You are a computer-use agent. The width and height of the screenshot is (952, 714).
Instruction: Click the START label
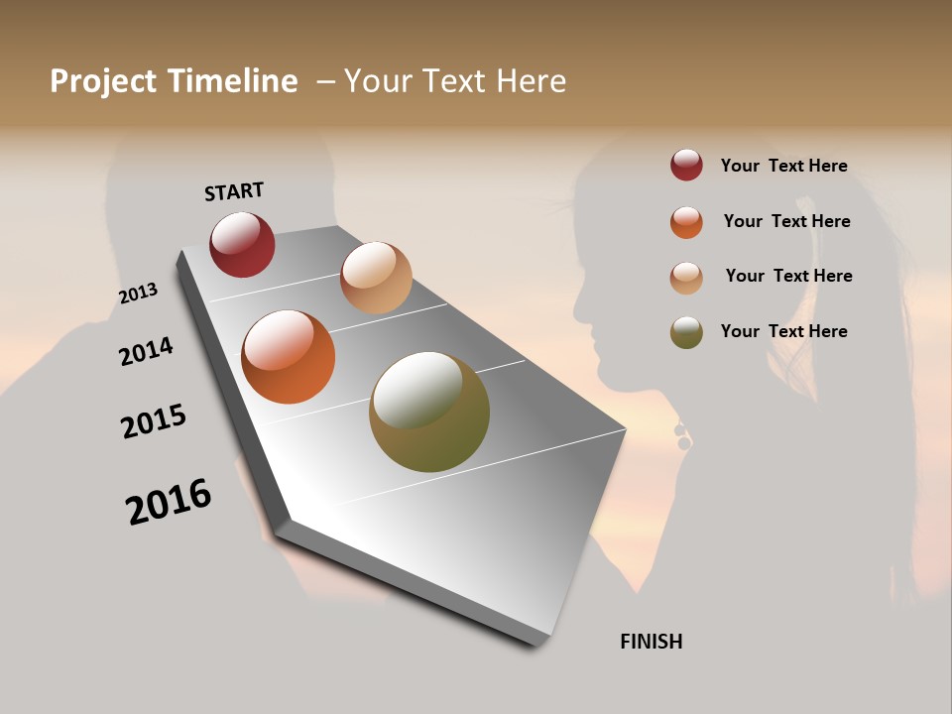click(x=234, y=191)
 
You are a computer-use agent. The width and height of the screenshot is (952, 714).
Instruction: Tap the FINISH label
click(x=651, y=642)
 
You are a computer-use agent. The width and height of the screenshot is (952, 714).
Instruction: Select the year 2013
click(x=138, y=294)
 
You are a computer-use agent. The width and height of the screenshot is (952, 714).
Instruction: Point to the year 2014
click(x=146, y=352)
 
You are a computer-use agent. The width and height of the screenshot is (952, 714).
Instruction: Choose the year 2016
click(x=169, y=502)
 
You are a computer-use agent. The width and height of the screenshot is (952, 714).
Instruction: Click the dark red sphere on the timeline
click(x=242, y=244)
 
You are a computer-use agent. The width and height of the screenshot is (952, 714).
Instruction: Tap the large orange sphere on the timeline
click(x=288, y=357)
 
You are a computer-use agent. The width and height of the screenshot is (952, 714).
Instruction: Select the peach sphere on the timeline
click(x=376, y=277)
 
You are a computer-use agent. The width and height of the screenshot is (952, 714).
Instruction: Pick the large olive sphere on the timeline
click(x=429, y=412)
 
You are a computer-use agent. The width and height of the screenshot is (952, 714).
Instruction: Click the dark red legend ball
click(x=686, y=166)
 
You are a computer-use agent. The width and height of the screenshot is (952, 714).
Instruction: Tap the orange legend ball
click(x=686, y=222)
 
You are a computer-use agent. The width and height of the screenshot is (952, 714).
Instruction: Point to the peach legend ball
click(x=686, y=278)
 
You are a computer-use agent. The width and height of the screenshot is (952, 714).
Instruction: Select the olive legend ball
click(x=686, y=332)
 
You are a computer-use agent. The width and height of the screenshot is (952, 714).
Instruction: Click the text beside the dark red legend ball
click(x=783, y=167)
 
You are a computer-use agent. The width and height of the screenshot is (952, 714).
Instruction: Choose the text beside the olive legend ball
click(x=783, y=331)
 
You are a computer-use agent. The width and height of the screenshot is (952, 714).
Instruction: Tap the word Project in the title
click(x=104, y=81)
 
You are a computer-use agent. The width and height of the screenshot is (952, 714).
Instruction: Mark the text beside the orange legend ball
click(x=786, y=221)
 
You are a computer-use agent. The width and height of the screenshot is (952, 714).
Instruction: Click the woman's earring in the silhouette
click(x=682, y=437)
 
